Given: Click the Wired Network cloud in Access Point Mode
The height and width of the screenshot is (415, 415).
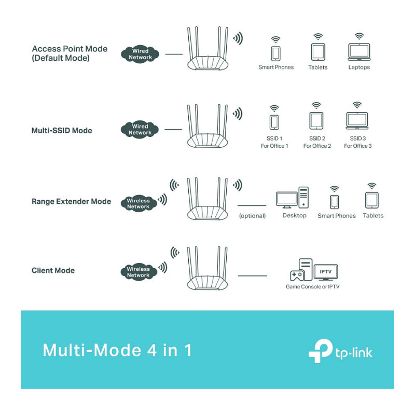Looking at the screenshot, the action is [140, 54].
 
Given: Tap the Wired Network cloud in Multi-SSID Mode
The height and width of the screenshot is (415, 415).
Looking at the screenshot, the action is [140, 129].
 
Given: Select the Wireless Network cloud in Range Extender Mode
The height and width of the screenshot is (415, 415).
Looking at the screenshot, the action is [139, 203].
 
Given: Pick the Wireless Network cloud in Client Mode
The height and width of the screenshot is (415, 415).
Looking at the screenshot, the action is [139, 272].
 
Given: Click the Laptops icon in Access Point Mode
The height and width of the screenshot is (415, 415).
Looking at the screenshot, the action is [359, 52].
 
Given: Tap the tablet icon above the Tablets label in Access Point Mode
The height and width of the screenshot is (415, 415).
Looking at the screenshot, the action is [318, 52].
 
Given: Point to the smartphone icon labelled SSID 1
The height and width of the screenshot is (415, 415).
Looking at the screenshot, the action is [274, 122].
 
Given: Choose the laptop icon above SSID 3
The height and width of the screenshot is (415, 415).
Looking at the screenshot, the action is [357, 121].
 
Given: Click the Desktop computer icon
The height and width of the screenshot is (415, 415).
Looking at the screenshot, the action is [292, 198].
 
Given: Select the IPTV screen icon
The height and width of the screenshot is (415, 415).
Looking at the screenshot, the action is [326, 272].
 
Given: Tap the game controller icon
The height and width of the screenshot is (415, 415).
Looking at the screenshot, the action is [297, 275].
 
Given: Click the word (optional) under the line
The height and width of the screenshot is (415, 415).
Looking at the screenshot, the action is [252, 216].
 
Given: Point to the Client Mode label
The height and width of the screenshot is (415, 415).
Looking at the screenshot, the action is [53, 270].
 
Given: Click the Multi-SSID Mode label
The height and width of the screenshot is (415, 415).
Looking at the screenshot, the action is [62, 131].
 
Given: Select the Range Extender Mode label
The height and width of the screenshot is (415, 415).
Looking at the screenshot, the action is [71, 201].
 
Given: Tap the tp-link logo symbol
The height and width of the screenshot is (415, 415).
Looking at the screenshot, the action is [321, 351].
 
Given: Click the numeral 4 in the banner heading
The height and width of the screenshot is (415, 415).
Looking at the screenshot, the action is [152, 351].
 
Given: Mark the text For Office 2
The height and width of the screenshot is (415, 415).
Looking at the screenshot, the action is [317, 146].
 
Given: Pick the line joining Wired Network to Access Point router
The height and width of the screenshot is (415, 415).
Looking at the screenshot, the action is [174, 54].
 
